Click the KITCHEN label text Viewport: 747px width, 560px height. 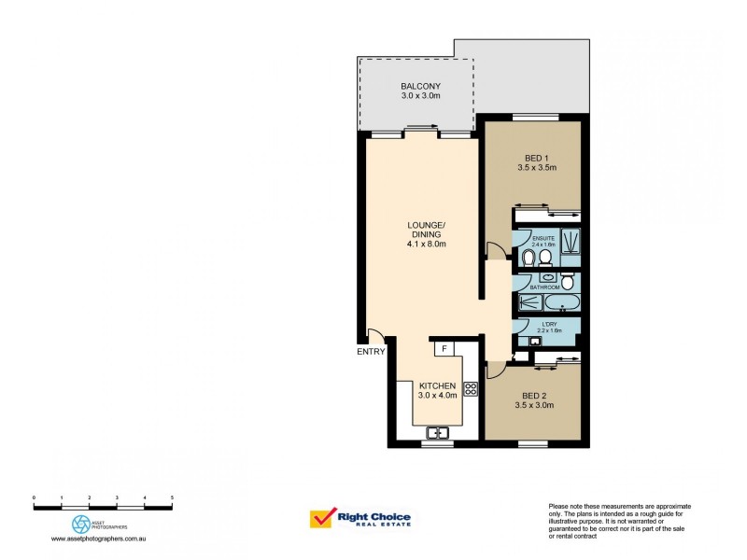436,385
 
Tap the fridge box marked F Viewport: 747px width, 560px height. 444,349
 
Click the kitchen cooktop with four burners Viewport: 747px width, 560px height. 471,388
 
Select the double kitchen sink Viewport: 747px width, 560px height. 436,432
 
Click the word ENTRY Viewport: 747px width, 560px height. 370,352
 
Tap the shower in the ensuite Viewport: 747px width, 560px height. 570,240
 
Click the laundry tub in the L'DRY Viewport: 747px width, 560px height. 535,343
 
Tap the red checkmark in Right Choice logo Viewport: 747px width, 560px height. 323,519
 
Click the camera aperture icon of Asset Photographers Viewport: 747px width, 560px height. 80,523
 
